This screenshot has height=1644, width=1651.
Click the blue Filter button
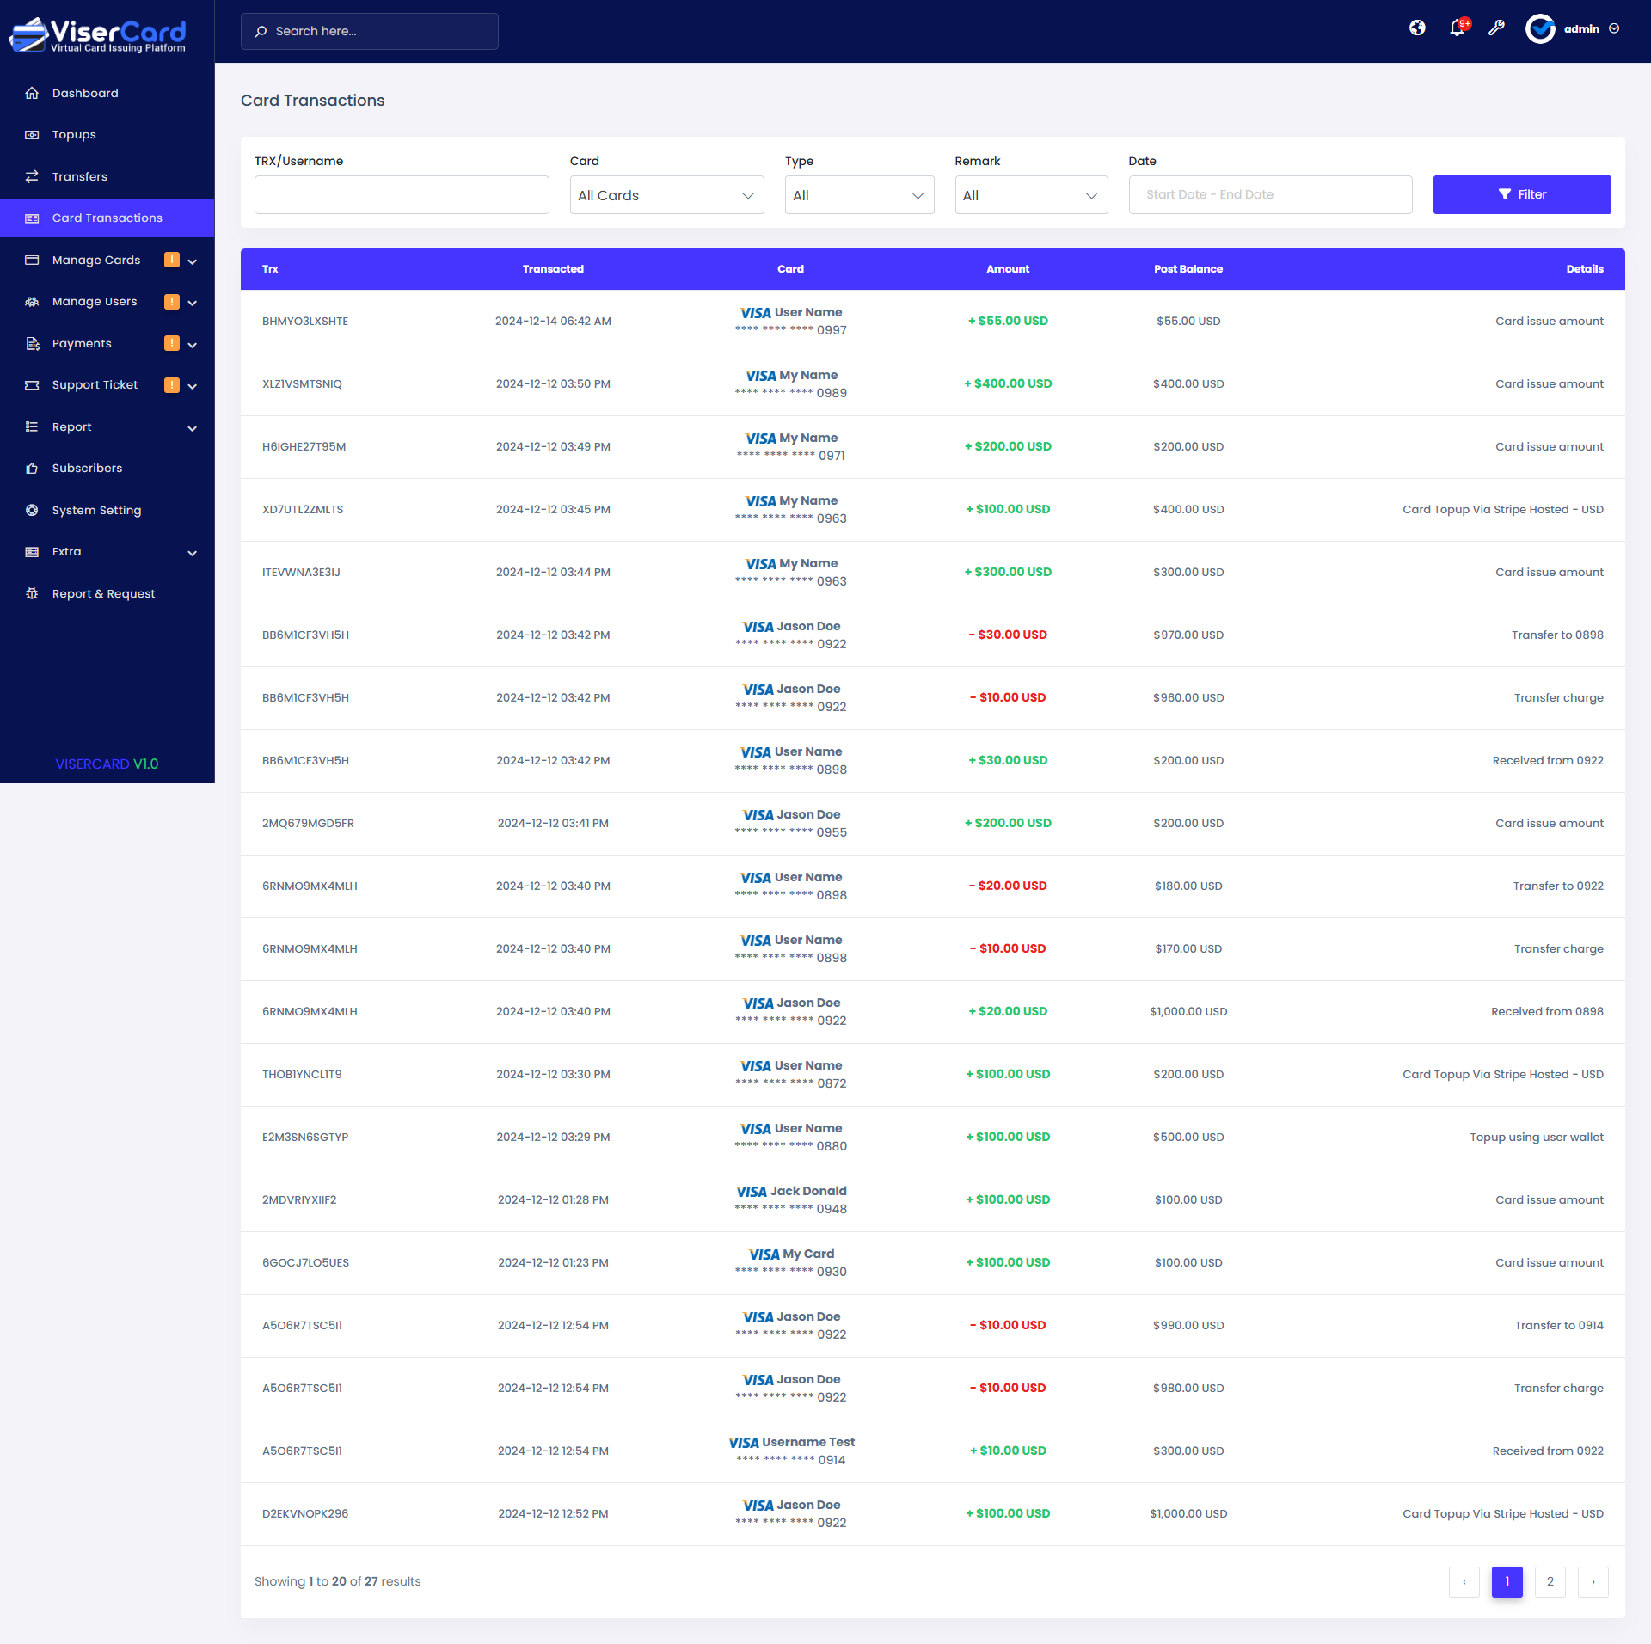coord(1521,194)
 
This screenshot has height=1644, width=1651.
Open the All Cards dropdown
coord(666,195)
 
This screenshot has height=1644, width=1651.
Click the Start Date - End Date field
coord(1269,194)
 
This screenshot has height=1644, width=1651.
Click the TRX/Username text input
coord(402,195)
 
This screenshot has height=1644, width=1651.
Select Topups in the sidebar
coord(74,135)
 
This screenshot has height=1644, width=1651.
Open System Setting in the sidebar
coord(96,510)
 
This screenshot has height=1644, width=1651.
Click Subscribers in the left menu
coord(87,469)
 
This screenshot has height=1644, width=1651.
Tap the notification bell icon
coord(1457,28)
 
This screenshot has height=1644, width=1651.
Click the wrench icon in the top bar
coord(1496,28)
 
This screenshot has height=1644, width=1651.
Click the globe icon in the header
coord(1417,28)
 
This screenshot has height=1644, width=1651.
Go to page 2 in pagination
coord(1550,1581)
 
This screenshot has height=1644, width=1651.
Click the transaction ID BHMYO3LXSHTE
coord(305,322)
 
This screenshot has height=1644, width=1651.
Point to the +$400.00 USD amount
coord(1008,383)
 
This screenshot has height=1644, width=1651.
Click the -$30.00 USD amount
coord(1008,635)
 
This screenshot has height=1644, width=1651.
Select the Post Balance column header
coord(1188,269)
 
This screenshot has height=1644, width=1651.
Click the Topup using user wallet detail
coord(1536,1137)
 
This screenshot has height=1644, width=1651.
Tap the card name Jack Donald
coord(808,1191)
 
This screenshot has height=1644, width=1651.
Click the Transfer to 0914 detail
coord(1558,1325)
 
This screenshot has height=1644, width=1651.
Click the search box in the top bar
coord(370,31)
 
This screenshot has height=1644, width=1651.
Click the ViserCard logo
coord(98,34)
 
